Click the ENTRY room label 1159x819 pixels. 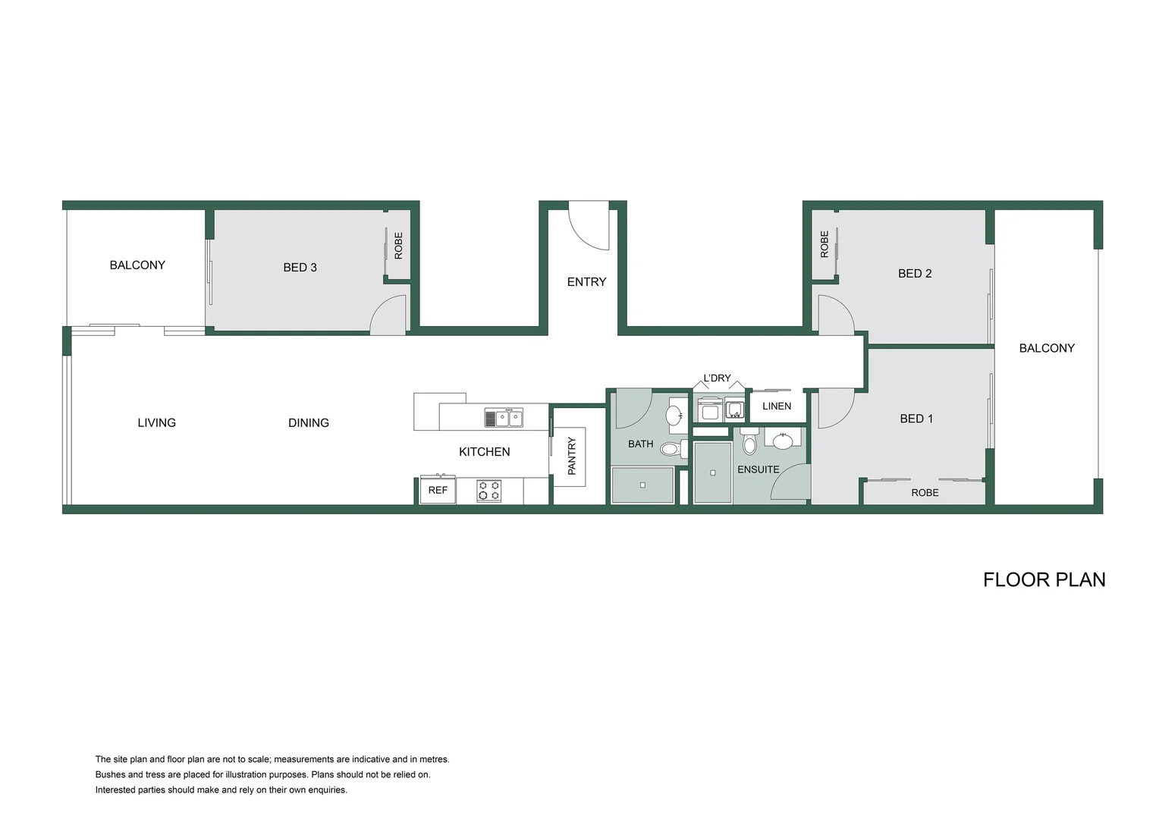[x=586, y=282]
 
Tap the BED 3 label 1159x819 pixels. [x=300, y=268]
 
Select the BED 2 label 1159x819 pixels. [x=914, y=274]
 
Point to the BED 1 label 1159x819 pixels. [x=916, y=419]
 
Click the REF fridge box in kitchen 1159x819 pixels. [x=438, y=489]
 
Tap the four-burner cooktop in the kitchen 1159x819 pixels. [x=488, y=491]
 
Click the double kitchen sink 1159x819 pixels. [x=504, y=418]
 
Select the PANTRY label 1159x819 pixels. [x=572, y=456]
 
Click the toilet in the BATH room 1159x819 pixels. [x=673, y=449]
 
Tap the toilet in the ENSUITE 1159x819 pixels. [x=749, y=441]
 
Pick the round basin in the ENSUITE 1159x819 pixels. [x=782, y=441]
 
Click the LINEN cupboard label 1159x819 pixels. [x=777, y=406]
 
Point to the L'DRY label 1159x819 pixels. [x=717, y=378]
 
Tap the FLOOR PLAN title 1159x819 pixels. [x=1044, y=580]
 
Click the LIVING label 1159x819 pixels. [x=156, y=422]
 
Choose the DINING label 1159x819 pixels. [x=309, y=422]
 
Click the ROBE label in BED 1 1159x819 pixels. [x=925, y=493]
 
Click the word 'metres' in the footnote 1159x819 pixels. [x=435, y=760]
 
